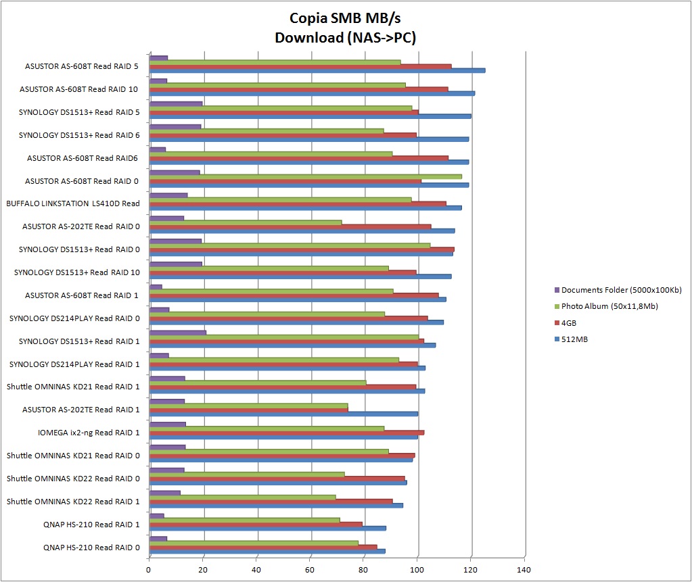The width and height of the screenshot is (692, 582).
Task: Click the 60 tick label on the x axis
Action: [x=310, y=570]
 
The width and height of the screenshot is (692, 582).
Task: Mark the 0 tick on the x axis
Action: [x=149, y=570]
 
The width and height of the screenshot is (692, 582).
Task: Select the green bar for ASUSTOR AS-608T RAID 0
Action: [x=305, y=176]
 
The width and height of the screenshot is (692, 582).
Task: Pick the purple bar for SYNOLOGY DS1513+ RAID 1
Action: [x=177, y=332]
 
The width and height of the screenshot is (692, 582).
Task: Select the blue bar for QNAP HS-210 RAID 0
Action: [x=267, y=551]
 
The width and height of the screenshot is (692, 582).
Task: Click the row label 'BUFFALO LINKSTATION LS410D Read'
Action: [x=73, y=203]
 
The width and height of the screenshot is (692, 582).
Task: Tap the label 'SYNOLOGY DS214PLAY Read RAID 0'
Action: [x=74, y=318]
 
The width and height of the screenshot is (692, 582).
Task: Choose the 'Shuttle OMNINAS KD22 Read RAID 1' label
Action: [x=73, y=502]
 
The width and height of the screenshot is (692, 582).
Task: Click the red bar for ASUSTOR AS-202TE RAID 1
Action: [x=248, y=409]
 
